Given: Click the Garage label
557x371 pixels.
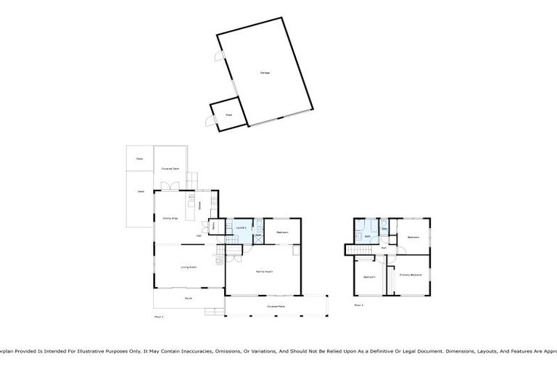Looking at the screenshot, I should (265, 72).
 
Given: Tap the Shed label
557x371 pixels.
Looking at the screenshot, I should (228, 115).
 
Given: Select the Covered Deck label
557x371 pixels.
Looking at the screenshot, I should (170, 169).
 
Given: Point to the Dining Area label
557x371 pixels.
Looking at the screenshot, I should (170, 217).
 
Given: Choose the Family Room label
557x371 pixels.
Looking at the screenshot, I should (263, 271).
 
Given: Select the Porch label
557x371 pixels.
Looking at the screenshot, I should (188, 298).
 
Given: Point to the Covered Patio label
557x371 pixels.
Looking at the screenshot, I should (276, 307).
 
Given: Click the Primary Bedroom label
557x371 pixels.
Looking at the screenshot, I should (410, 275).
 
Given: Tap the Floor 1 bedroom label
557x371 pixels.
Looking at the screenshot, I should (282, 232).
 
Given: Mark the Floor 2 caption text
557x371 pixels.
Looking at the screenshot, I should (358, 305).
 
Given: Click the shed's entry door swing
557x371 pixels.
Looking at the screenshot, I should (209, 122).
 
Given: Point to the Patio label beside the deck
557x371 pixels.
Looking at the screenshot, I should (139, 158).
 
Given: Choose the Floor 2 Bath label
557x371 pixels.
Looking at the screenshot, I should (368, 236).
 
